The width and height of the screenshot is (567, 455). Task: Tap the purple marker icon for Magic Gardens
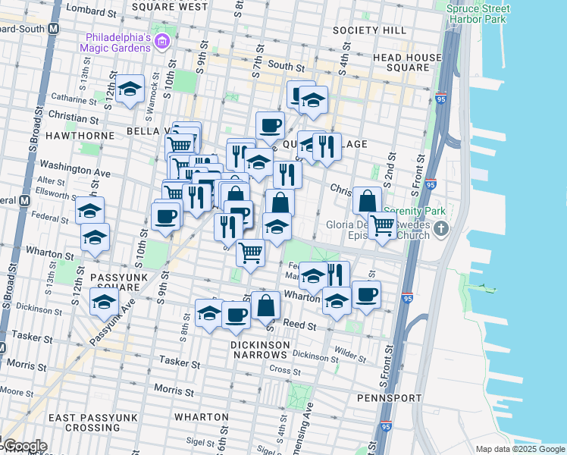[161, 41]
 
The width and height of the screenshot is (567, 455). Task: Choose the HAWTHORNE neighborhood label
[79, 135]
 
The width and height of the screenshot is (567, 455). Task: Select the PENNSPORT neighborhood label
[390, 397]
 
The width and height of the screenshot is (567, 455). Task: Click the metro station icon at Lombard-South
[54, 28]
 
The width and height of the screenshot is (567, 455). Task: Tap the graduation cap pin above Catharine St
[130, 88]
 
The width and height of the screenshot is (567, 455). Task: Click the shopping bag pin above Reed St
[266, 305]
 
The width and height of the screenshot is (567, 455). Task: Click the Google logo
[24, 445]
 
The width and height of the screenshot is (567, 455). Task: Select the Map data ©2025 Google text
[519, 449]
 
